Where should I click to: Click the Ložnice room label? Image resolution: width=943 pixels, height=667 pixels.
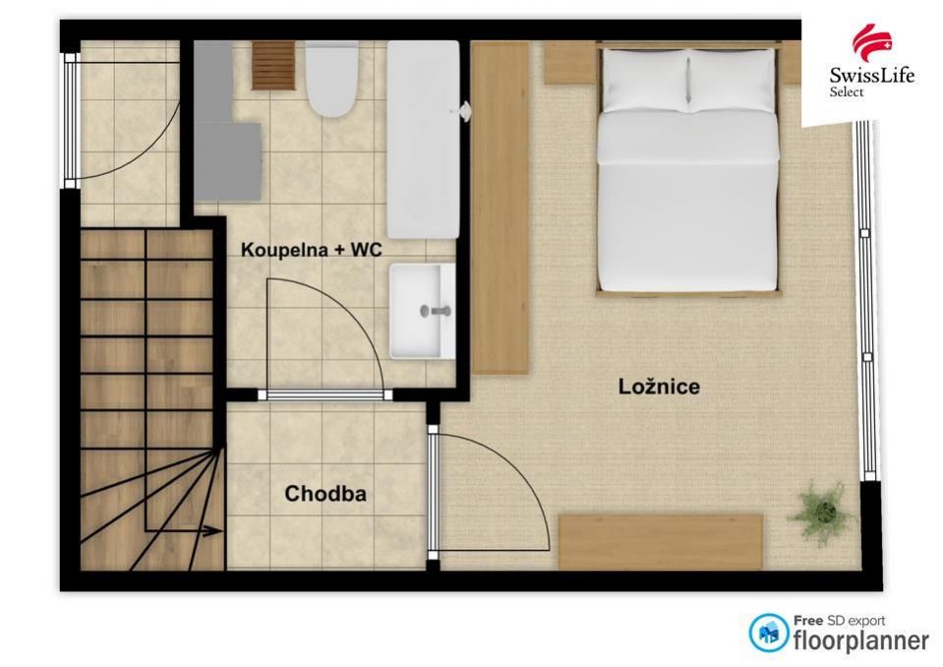[x=659, y=386]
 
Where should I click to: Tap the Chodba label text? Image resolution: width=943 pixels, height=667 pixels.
[x=325, y=494]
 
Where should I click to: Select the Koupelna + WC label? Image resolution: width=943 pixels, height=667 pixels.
[x=312, y=250]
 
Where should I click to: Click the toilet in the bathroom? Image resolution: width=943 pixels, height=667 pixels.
[x=332, y=79]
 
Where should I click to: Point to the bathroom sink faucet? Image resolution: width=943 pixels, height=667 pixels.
[x=436, y=311]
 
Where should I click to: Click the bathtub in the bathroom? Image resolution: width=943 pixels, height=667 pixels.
[x=424, y=140]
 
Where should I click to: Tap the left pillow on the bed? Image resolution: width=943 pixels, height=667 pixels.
[x=645, y=81]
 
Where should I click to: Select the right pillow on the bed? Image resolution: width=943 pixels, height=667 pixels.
[x=732, y=81]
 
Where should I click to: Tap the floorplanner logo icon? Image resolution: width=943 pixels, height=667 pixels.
[x=769, y=633]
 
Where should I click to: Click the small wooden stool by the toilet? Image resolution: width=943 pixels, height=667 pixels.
[x=273, y=65]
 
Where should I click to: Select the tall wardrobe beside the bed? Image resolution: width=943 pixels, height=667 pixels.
[x=500, y=208]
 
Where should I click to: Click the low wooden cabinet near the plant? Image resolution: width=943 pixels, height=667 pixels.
[x=661, y=541]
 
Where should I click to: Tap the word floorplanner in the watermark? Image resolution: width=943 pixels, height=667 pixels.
[x=861, y=641]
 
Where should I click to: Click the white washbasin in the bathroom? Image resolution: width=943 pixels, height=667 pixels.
[x=422, y=311]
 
